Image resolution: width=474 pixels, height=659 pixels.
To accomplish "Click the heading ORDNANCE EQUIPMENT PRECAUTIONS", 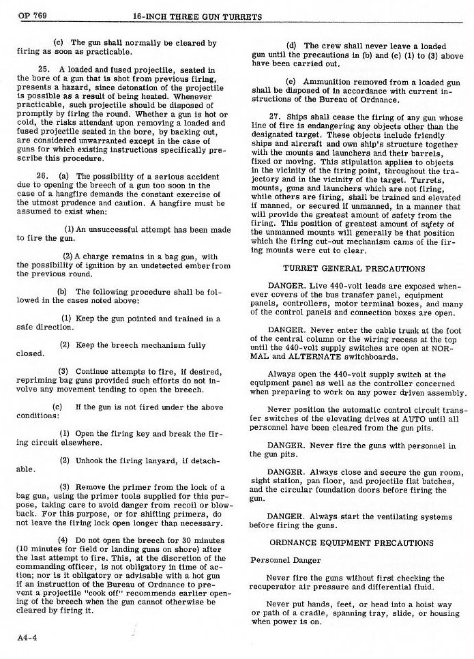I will click(x=351, y=542).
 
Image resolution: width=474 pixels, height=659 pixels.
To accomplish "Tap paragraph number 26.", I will click(x=42, y=176).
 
